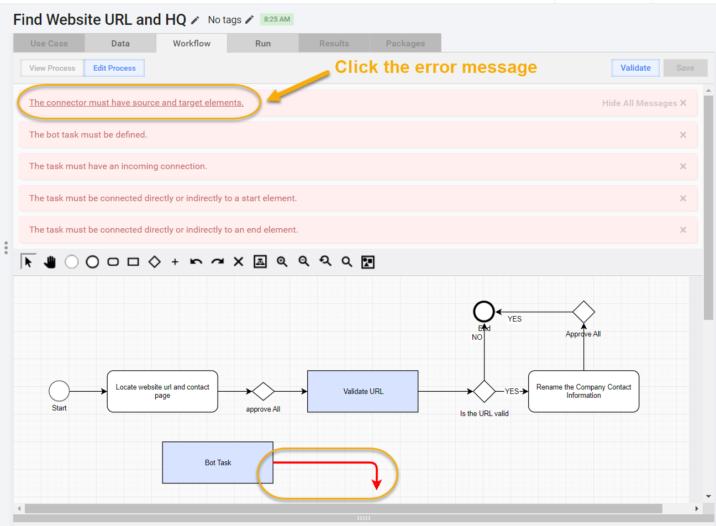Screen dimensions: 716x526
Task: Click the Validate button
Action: (x=635, y=68)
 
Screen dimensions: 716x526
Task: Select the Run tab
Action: (x=263, y=43)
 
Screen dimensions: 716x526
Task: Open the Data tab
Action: (x=120, y=43)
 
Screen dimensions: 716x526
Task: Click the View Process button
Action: (x=52, y=68)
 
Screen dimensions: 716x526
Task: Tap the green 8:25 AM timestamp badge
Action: (x=277, y=19)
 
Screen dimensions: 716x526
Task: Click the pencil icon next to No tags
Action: (x=249, y=20)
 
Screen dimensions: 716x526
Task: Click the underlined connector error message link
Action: (x=136, y=102)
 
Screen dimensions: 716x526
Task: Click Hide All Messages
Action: (x=644, y=103)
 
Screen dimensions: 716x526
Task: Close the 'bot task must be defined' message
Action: (x=683, y=135)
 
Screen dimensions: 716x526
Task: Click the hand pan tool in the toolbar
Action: (x=50, y=262)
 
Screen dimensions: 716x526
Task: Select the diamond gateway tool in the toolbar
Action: (x=154, y=262)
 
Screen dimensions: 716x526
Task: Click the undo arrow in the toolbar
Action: (x=196, y=262)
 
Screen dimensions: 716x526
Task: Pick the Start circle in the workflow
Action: (x=59, y=391)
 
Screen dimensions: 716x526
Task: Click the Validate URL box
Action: (x=362, y=391)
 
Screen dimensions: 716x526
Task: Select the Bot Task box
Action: (x=218, y=462)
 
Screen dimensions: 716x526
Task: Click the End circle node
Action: (x=483, y=312)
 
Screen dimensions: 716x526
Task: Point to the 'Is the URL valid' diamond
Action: (x=485, y=391)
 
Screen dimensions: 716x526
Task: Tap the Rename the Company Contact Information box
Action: (x=583, y=391)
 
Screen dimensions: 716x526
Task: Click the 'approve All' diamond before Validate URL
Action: (x=263, y=391)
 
